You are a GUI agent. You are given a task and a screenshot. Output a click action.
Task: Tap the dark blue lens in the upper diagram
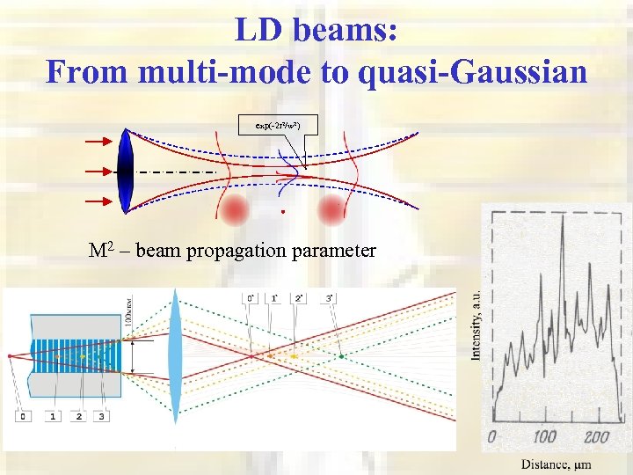pos(125,172)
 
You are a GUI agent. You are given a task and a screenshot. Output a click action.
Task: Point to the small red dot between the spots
pos(282,212)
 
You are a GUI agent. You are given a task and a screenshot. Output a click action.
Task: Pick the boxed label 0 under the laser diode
pos(24,415)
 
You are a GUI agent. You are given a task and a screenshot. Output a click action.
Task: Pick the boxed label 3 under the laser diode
pos(103,415)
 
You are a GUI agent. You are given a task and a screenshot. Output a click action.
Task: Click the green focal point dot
pos(342,356)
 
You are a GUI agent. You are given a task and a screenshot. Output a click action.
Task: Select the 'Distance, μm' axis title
pos(555,464)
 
